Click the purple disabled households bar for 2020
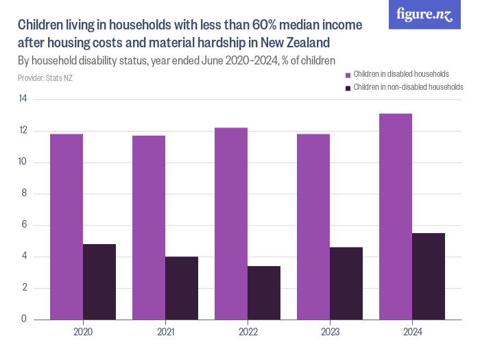point(67,226)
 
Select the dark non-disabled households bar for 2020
point(99,282)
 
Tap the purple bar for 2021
point(149,227)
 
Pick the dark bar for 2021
point(182,288)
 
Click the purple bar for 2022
point(231,224)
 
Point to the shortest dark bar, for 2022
point(264,293)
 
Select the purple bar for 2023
point(313,226)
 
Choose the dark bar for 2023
point(346,283)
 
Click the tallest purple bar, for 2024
point(396,216)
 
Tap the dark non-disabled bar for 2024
point(429,276)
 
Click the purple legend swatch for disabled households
point(348,74)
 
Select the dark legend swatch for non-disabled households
point(348,88)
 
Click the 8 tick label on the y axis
point(25,194)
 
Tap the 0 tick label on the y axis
point(25,320)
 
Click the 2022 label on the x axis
point(248,332)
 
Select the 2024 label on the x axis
point(412,332)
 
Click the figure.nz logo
point(424,15)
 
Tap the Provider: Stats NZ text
point(45,78)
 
